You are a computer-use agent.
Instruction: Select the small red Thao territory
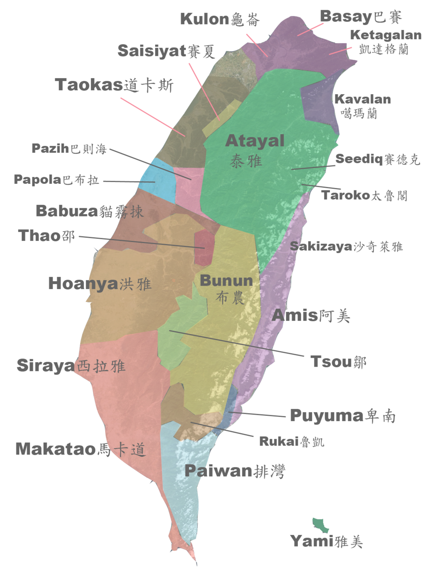(x=204, y=248)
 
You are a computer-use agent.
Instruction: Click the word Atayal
(x=255, y=141)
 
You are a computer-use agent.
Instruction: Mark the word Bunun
(x=226, y=281)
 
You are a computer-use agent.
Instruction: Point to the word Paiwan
(x=218, y=471)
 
